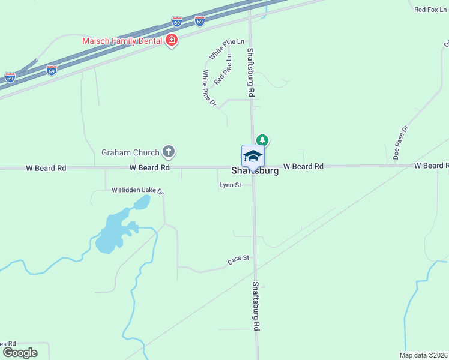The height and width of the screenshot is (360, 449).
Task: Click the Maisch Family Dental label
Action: (122, 41)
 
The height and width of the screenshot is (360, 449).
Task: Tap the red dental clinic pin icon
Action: (172, 41)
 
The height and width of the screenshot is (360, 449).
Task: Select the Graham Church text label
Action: (130, 152)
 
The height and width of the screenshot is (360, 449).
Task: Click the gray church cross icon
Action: (169, 152)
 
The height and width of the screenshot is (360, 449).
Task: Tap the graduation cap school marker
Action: (253, 156)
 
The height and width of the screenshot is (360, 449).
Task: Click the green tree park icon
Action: (262, 140)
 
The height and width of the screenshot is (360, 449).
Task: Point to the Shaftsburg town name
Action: (255, 171)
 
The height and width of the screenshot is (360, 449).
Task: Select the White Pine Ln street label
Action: (227, 49)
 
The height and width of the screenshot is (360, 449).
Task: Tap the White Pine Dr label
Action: (208, 88)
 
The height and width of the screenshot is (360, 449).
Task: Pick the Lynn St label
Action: (230, 185)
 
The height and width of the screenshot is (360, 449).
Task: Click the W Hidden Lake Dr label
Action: (137, 190)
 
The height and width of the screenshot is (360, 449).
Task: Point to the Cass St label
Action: (238, 260)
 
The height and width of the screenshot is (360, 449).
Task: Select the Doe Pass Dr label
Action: (400, 142)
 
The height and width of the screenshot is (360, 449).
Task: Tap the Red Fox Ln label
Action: (431, 10)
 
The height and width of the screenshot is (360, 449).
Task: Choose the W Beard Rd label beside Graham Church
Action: (149, 168)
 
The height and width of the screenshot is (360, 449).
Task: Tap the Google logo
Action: (20, 353)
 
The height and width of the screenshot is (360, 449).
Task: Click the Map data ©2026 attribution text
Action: (424, 355)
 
